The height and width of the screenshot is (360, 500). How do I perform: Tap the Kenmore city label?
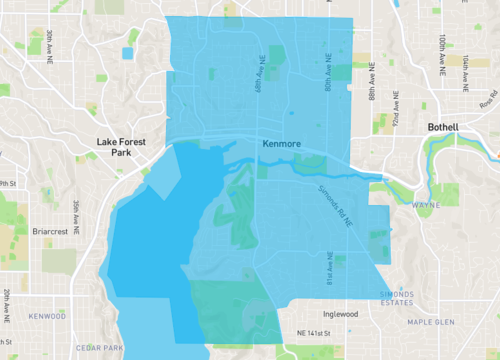pos(281,145)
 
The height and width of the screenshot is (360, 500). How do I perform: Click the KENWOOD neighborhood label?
pos(47,316)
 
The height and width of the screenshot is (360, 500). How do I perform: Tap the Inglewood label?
pos(334,313)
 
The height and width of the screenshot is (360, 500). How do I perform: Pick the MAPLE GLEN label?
pos(430,322)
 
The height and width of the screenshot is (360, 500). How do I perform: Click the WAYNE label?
pos(426,205)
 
